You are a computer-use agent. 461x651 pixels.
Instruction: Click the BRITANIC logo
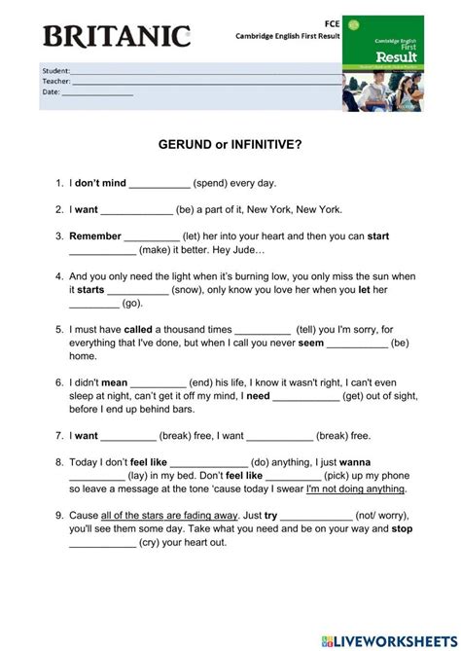115,36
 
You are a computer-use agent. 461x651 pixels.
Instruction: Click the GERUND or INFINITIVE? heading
230,143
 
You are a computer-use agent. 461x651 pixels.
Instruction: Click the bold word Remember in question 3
95,235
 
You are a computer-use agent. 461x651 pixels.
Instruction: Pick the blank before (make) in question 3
103,251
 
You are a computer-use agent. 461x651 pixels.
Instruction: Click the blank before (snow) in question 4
137,291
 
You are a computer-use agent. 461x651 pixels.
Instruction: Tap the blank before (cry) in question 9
103,544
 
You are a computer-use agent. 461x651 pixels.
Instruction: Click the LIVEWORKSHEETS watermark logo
394,636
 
